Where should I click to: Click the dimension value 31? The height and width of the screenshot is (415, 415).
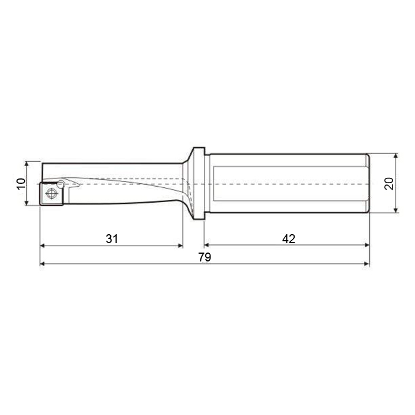coord(111,239)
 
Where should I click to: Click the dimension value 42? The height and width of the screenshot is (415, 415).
coord(289,239)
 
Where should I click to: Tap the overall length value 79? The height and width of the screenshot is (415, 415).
coord(205,257)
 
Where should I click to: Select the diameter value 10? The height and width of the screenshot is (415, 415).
coord(21,183)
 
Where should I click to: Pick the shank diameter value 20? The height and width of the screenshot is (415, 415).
coord(388,183)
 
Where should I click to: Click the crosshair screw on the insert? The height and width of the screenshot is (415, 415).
coord(52,193)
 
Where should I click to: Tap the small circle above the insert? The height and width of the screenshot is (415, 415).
coord(61,184)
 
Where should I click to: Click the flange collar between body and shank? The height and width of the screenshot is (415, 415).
coord(199,183)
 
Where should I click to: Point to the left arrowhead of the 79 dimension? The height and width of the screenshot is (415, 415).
coord(42,264)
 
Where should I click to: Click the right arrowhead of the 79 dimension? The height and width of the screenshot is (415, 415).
coord(367,264)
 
